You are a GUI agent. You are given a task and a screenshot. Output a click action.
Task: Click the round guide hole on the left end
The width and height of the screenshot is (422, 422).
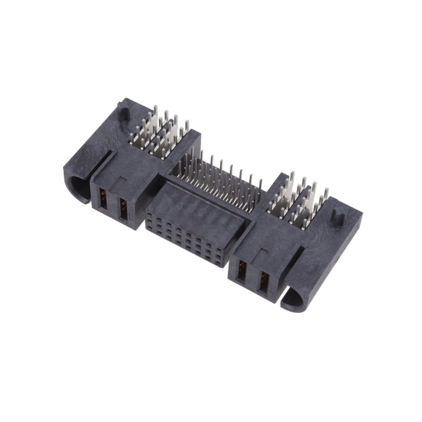click(x=79, y=188)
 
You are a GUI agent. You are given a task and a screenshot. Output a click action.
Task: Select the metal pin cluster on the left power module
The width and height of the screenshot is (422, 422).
click(x=158, y=132)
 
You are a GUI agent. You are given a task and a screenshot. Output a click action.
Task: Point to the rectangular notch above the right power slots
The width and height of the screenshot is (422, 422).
click(x=258, y=252)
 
